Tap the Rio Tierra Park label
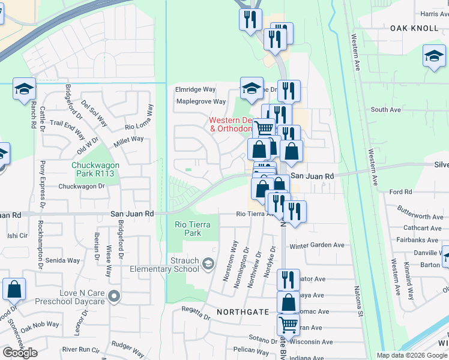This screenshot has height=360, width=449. pos(188,229)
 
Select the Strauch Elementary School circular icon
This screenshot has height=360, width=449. pos(208,263)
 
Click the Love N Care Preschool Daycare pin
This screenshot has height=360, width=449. pos(115,295)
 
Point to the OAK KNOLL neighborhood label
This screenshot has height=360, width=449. pos(415,28)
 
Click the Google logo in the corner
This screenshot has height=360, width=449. pos(20,352)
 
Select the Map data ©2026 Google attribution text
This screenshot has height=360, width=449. pos(411,355)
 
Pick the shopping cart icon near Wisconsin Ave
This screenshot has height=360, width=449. pos(289,325)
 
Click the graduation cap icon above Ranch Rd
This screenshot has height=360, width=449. pos(23,89)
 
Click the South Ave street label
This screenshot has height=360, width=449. pos(385,110)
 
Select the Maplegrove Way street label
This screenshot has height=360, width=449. pos(200,101)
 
